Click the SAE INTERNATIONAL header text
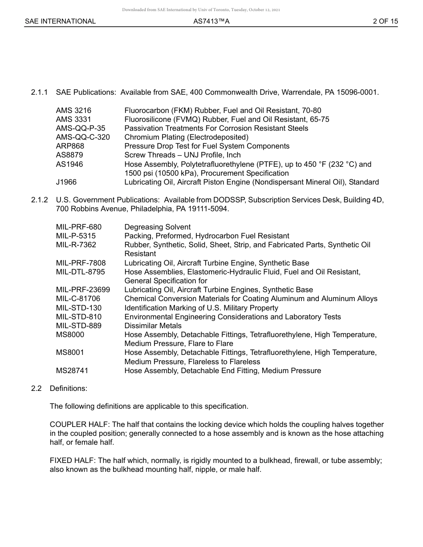pos(60,21)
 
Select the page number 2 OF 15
pos(385,21)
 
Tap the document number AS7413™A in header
pos(211,21)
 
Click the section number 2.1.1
pos(40,93)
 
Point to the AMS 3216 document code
pos(73,110)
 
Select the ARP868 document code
pos(70,146)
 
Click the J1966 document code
pos(66,182)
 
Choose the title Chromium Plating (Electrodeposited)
pos(186,137)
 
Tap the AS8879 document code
pos(69,155)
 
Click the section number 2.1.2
pos(40,200)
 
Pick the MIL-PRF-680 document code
pos(79,227)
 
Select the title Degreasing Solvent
pos(157,227)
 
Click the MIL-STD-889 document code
pos(79,326)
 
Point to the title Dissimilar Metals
pos(153,326)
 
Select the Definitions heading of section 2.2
pos(69,388)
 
